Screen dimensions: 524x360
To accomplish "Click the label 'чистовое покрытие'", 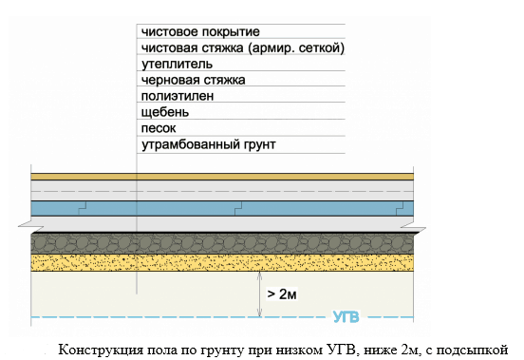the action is coord(200,32).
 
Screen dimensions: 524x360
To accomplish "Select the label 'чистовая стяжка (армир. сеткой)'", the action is coord(243,48).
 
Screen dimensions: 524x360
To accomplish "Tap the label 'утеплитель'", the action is coord(177,65).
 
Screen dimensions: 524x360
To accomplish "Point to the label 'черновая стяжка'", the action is coord(193,80).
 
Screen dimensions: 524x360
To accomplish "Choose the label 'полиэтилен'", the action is coord(178,96).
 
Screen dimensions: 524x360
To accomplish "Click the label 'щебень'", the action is coord(165,112).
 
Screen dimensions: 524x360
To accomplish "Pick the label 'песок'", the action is coord(159,128).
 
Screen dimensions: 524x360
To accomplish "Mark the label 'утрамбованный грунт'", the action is coord(209,144).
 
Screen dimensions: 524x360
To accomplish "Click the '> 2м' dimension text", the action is coord(282,294).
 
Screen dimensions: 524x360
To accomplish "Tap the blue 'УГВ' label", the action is coord(346,317).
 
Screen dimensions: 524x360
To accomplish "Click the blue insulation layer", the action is coord(222,209).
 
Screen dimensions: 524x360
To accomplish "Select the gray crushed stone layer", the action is coord(222,244).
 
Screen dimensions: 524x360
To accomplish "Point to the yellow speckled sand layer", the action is coord(222,263).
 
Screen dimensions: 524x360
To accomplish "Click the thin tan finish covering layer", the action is coord(222,177).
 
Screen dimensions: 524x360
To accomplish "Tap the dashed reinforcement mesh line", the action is coord(222,192).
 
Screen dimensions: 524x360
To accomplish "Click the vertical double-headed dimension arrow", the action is coord(260,294).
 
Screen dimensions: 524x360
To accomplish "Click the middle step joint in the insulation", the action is coord(238,209).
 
